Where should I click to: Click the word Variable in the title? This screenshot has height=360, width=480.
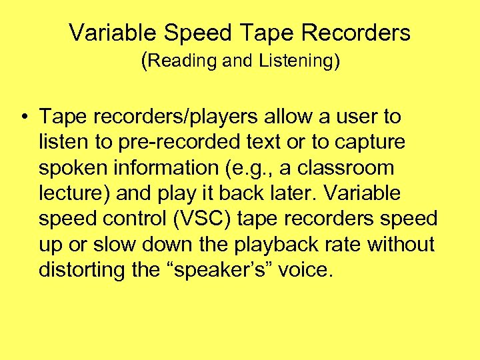point(103,32)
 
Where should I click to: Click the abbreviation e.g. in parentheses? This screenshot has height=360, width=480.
point(250,168)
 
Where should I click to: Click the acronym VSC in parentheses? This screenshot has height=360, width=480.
point(193,219)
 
